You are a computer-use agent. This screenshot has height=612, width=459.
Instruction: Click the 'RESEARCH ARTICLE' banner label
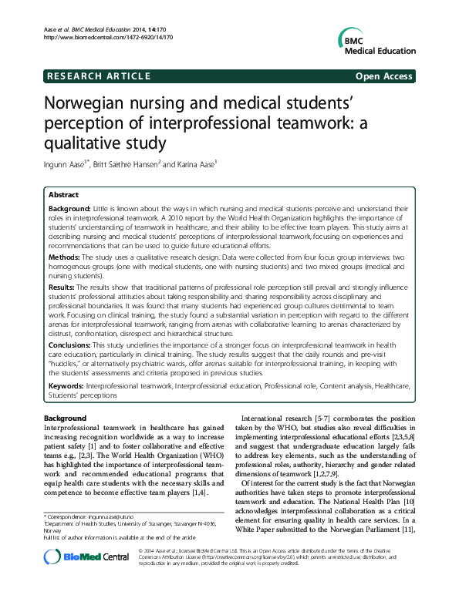tap(97, 76)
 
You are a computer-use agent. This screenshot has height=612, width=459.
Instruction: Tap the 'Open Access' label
tap(384, 76)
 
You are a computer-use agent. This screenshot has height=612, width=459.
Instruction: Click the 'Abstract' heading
tap(64, 196)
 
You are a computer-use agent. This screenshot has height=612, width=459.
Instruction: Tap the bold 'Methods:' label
tap(67, 255)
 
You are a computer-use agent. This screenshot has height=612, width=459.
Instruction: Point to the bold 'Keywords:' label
tap(66, 384)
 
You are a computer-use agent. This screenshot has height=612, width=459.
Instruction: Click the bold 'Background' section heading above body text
tap(65, 418)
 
